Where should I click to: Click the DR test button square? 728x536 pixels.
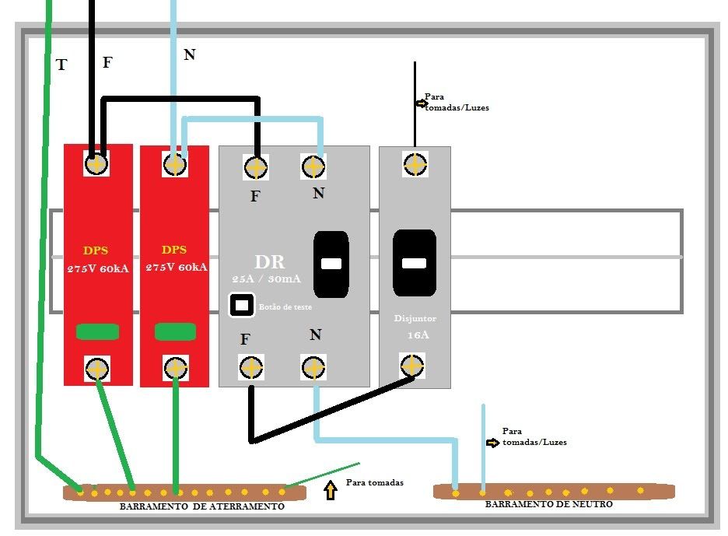[x=241, y=305]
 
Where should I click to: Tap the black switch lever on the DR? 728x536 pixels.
[x=331, y=264]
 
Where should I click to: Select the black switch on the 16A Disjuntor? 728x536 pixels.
[x=414, y=263]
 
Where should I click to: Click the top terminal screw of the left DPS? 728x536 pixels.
[x=96, y=164]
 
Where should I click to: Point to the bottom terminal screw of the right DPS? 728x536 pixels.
[x=174, y=366]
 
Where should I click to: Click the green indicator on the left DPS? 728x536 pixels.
[x=97, y=332]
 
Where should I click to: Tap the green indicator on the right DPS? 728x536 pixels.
[x=174, y=332]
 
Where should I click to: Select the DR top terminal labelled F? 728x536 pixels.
[x=256, y=167]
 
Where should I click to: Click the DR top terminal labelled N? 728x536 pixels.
[x=313, y=166]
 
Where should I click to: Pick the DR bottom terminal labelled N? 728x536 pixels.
[x=313, y=367]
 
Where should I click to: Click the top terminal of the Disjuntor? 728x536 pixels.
[x=415, y=164]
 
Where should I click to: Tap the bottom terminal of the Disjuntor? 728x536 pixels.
[x=411, y=365]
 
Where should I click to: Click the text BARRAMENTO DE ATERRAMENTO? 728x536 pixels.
[x=202, y=506]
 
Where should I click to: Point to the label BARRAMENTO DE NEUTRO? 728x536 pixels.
[x=549, y=504]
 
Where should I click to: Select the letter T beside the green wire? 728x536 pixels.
[x=61, y=65]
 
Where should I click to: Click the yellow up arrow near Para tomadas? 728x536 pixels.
[x=331, y=491]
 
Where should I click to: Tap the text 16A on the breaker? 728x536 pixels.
[x=418, y=335]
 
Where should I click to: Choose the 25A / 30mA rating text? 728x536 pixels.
[x=267, y=279]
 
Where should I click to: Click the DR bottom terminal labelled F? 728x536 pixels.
[x=251, y=367]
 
